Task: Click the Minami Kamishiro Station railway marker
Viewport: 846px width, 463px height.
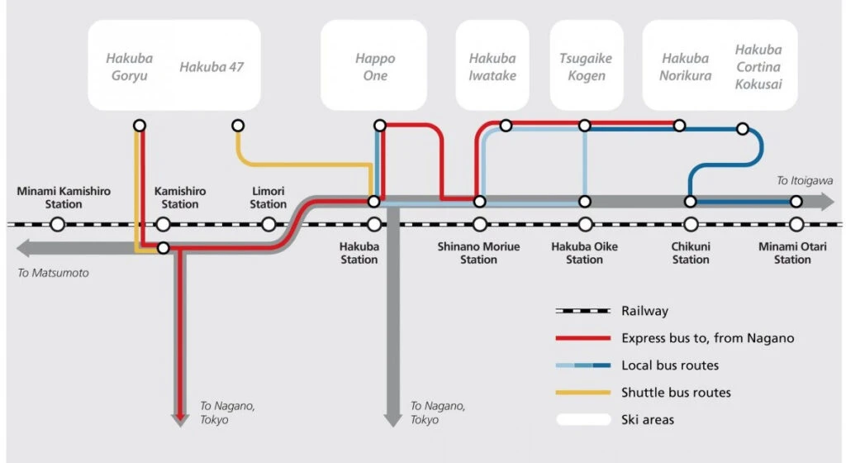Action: tap(57, 224)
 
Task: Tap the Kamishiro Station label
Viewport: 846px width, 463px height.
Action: tap(180, 198)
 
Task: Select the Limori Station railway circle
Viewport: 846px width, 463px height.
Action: tap(269, 224)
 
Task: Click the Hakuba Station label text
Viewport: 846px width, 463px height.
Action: tap(359, 253)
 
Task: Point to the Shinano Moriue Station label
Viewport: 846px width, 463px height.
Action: tap(478, 253)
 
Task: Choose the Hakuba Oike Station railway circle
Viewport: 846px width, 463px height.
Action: tap(585, 224)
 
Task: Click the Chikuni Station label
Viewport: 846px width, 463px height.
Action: tap(691, 253)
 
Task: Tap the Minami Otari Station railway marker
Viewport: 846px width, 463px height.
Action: tap(796, 224)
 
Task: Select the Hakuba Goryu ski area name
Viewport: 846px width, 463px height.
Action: tap(130, 67)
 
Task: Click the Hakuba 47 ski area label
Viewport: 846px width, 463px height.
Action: tap(211, 67)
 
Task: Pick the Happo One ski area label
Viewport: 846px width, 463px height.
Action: tap(375, 67)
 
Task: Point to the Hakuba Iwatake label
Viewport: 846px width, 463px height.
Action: tap(492, 67)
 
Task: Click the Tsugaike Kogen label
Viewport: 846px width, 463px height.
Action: tap(587, 67)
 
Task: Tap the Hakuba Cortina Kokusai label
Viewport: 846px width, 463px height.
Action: tap(758, 67)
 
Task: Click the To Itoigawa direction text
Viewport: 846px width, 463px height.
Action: tap(805, 180)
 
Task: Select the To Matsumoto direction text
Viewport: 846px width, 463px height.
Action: tap(53, 272)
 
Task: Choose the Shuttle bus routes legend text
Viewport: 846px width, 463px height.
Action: tap(676, 393)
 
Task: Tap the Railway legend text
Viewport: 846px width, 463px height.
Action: tap(644, 311)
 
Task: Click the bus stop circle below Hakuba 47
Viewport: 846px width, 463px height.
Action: tap(238, 126)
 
